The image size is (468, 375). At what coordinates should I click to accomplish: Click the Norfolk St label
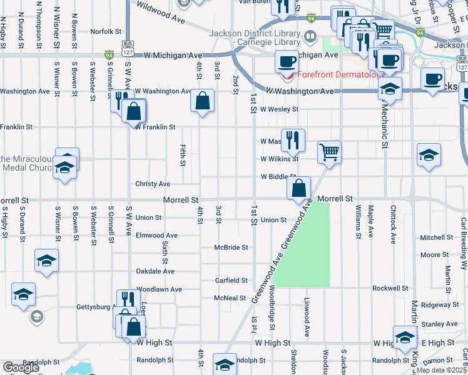coord(106,31)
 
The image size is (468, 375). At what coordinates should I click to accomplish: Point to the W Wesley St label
coord(280,109)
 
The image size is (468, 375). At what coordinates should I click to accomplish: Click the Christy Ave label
coord(153,184)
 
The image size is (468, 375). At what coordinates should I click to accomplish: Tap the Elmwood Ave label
coord(156,236)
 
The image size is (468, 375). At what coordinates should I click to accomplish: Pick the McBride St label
coord(231,247)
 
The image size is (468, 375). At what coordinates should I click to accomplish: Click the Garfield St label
coord(231,281)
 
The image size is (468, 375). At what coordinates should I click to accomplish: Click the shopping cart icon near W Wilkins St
coord(329,151)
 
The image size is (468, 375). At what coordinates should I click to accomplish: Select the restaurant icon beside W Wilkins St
coord(292,140)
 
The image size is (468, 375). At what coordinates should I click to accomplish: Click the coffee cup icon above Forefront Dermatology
coord(287,62)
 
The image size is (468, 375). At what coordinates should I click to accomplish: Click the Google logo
coord(21,367)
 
